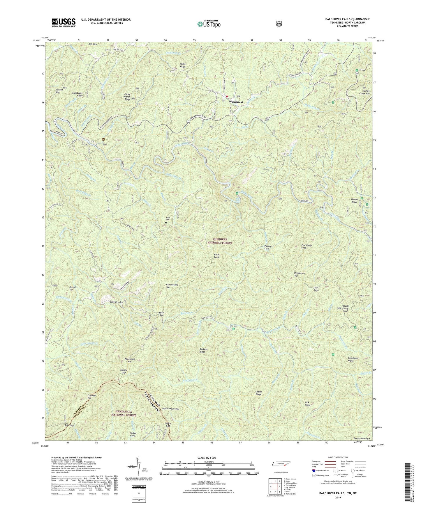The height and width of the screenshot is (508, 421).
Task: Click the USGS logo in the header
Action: pyautogui.click(x=64, y=22)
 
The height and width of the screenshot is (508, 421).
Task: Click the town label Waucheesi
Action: pyautogui.click(x=236, y=102)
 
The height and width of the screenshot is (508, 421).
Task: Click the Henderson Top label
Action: pyautogui.click(x=299, y=274)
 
